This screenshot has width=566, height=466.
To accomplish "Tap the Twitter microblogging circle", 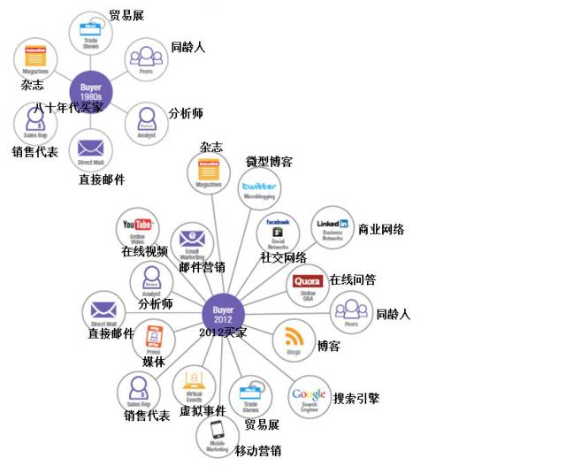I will click(x=259, y=188).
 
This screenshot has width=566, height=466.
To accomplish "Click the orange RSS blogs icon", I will click(x=294, y=340).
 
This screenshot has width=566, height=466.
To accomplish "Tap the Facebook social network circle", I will click(x=278, y=233).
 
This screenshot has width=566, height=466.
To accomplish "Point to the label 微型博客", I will click(x=269, y=162).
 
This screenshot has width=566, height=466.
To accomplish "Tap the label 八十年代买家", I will click(x=68, y=107).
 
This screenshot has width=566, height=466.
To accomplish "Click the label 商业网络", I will click(x=381, y=230).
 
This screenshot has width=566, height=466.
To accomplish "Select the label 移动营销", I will click(x=258, y=451).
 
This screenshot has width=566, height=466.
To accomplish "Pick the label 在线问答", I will click(x=352, y=279).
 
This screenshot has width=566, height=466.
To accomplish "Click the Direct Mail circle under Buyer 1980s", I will click(x=90, y=149).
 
